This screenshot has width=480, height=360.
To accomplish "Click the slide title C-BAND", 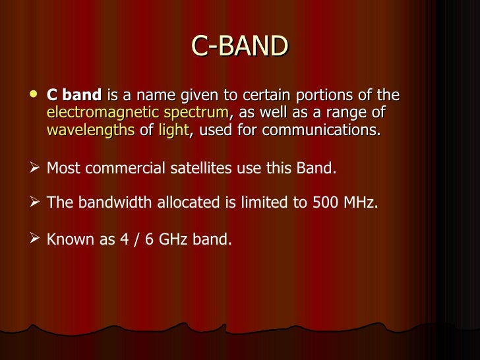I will point(240,46).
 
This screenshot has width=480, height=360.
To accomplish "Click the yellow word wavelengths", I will point(91,130).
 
